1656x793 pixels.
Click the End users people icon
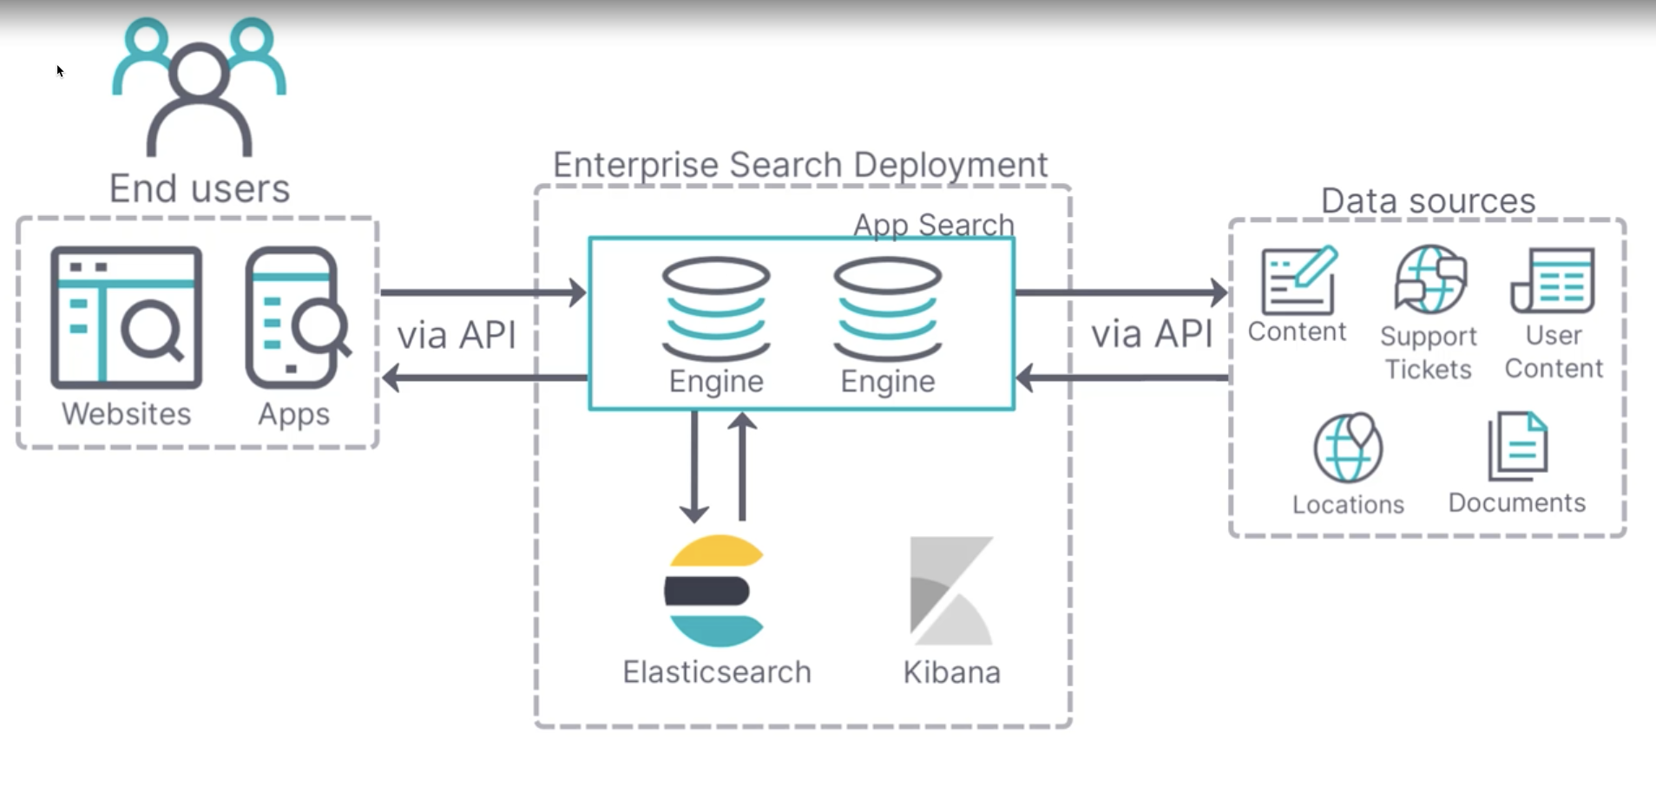pyautogui.click(x=199, y=87)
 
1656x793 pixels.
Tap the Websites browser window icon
pyautogui.click(x=127, y=318)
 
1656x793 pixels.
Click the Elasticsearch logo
pyautogui.click(x=714, y=591)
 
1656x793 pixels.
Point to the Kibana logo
pyautogui.click(x=951, y=591)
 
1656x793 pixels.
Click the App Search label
pyautogui.click(x=933, y=225)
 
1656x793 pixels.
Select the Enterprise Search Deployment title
pyautogui.click(x=800, y=165)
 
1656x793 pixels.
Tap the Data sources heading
pyautogui.click(x=1428, y=201)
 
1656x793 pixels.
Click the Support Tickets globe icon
pyautogui.click(x=1429, y=279)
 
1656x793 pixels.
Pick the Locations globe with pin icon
pyautogui.click(x=1348, y=447)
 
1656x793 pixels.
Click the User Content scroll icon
pyautogui.click(x=1553, y=280)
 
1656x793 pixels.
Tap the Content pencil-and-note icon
pyautogui.click(x=1299, y=279)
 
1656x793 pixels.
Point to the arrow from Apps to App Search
pyautogui.click(x=483, y=292)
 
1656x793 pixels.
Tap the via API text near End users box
pyautogui.click(x=457, y=335)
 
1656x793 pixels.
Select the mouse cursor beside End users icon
pyautogui.click(x=60, y=71)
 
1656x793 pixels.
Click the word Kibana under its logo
pyautogui.click(x=951, y=672)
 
